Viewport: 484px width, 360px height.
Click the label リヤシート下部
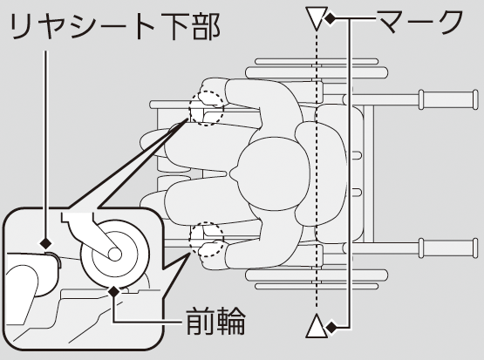point(116,26)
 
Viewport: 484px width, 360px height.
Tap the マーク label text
point(420,22)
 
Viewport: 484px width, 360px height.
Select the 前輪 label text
point(215,321)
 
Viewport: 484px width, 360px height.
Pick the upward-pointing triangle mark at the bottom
point(316,326)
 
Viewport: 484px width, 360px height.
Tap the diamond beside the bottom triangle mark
point(332,327)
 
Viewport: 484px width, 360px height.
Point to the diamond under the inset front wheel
point(114,291)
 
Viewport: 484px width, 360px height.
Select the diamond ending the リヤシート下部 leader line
point(46,243)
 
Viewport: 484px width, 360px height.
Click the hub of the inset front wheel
point(114,255)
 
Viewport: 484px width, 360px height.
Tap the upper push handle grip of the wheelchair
point(448,99)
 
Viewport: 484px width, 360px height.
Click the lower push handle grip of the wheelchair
point(448,248)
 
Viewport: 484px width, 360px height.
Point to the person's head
point(273,173)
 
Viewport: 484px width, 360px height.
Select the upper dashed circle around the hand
point(206,108)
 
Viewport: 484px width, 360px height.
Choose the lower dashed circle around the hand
point(206,239)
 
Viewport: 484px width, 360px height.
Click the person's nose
point(234,173)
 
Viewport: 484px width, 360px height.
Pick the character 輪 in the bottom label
point(231,321)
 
